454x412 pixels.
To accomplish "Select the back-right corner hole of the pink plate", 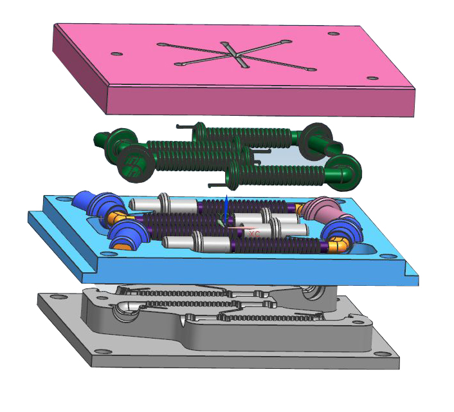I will click(333, 33).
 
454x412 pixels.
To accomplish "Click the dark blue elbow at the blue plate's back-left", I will click(90, 201).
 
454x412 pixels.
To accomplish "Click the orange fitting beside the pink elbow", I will click(300, 209).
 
